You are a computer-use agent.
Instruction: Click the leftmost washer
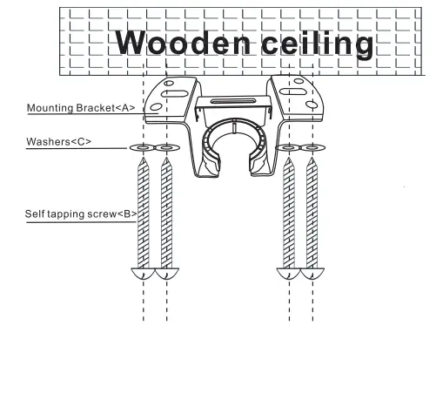pyautogui.click(x=142, y=149)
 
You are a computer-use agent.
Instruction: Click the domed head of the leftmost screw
pyautogui.click(x=142, y=274)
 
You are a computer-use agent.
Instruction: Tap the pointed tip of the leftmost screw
pyautogui.click(x=142, y=162)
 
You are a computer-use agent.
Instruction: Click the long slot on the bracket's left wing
pyautogui.click(x=178, y=90)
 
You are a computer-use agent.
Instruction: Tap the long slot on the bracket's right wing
pyautogui.click(x=292, y=90)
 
